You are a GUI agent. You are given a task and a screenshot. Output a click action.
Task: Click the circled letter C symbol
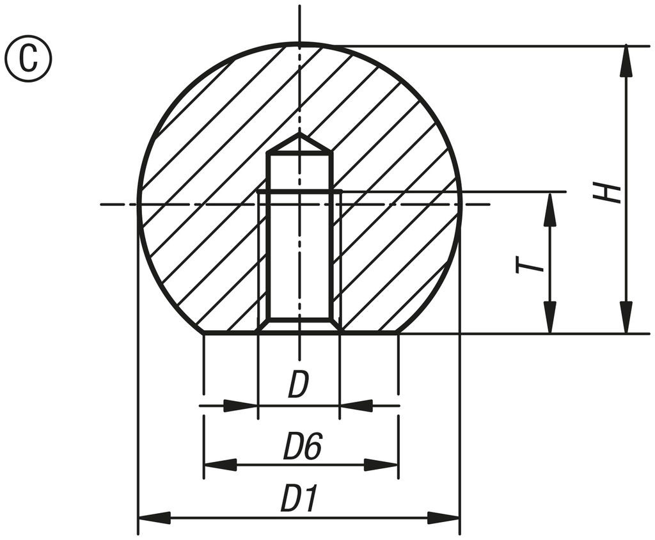pyautogui.click(x=28, y=58)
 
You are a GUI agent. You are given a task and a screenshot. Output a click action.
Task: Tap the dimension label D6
pyautogui.click(x=302, y=447)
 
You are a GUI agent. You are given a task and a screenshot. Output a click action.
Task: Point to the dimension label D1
pyautogui.click(x=299, y=500)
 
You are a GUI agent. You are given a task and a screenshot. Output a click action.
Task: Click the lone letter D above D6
pyautogui.click(x=298, y=386)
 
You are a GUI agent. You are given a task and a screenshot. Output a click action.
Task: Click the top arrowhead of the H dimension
pyautogui.click(x=626, y=61)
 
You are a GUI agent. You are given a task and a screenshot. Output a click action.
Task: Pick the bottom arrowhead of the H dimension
pyautogui.click(x=626, y=318)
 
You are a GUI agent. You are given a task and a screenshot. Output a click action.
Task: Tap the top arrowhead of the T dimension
pyautogui.click(x=549, y=208)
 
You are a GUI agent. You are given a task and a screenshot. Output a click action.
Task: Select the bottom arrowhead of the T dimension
pyautogui.click(x=549, y=318)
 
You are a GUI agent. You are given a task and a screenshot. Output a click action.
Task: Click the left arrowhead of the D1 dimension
pyautogui.click(x=154, y=517)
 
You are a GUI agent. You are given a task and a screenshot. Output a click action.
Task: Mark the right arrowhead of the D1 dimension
pyautogui.click(x=444, y=517)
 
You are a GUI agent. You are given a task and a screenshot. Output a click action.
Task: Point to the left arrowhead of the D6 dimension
pyautogui.click(x=219, y=465)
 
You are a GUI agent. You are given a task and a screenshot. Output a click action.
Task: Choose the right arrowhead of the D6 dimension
pyautogui.click(x=382, y=465)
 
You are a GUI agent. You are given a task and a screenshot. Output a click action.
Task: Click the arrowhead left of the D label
pyautogui.click(x=242, y=406)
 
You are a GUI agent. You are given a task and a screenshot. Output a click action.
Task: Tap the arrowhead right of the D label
pyautogui.click(x=356, y=406)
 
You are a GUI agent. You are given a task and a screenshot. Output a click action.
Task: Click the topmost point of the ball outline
pyautogui.click(x=299, y=44)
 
